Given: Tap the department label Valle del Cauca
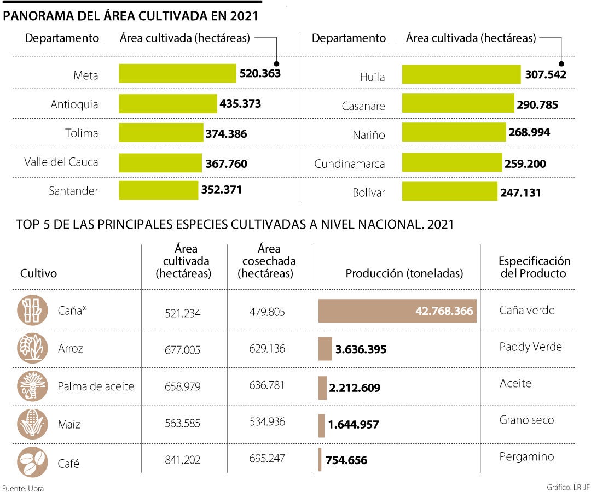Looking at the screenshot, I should (61, 162).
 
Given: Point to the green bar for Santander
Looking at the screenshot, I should (159, 190).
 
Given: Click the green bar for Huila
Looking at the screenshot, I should (461, 74).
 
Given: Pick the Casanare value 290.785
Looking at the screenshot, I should (537, 104).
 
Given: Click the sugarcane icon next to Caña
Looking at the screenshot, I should (31, 310).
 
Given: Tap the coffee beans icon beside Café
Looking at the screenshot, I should (31, 462).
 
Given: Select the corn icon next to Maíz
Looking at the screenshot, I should (31, 424).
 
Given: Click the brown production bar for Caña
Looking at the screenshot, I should (397, 311).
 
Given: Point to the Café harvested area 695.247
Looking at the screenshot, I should (266, 459).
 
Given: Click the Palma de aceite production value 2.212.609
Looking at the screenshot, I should (355, 388).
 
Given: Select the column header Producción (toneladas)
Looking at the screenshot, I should (404, 273).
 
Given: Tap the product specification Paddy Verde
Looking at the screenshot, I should (530, 347).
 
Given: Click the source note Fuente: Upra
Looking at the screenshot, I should (22, 487).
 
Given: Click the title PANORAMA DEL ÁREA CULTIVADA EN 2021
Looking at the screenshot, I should (131, 16).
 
